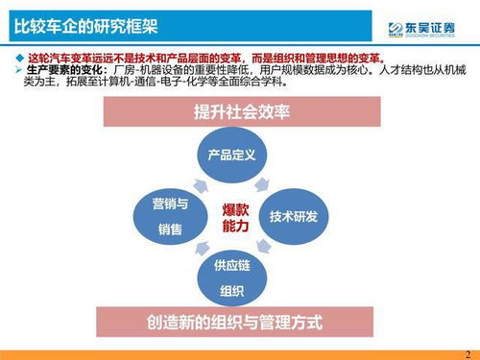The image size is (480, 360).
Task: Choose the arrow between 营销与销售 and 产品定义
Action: (196, 180)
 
